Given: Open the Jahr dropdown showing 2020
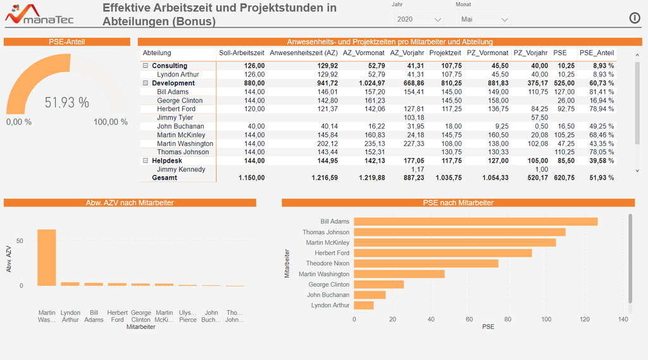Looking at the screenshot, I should coord(417,20).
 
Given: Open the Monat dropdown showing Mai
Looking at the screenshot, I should coord(483,20).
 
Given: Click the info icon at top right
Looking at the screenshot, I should coord(635,18).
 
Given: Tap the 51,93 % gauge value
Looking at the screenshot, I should coord(66,102).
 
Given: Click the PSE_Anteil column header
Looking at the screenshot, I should coord(596,53).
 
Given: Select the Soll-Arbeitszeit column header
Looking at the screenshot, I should coord(242,53).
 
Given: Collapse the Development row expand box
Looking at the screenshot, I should coord(146,83).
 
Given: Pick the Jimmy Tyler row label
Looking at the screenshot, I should coord(175,118).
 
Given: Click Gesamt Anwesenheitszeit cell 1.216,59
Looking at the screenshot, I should coord(324,178).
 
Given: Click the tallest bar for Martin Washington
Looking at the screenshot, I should coord(47,258).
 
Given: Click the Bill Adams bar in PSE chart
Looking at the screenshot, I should coord(475,221).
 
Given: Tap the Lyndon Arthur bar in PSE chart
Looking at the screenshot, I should coord(363,306).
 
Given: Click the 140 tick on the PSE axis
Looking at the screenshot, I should coord(623,320).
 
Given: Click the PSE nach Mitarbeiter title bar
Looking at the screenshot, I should coord(458,202).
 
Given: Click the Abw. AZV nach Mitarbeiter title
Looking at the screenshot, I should coord(130,202).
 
